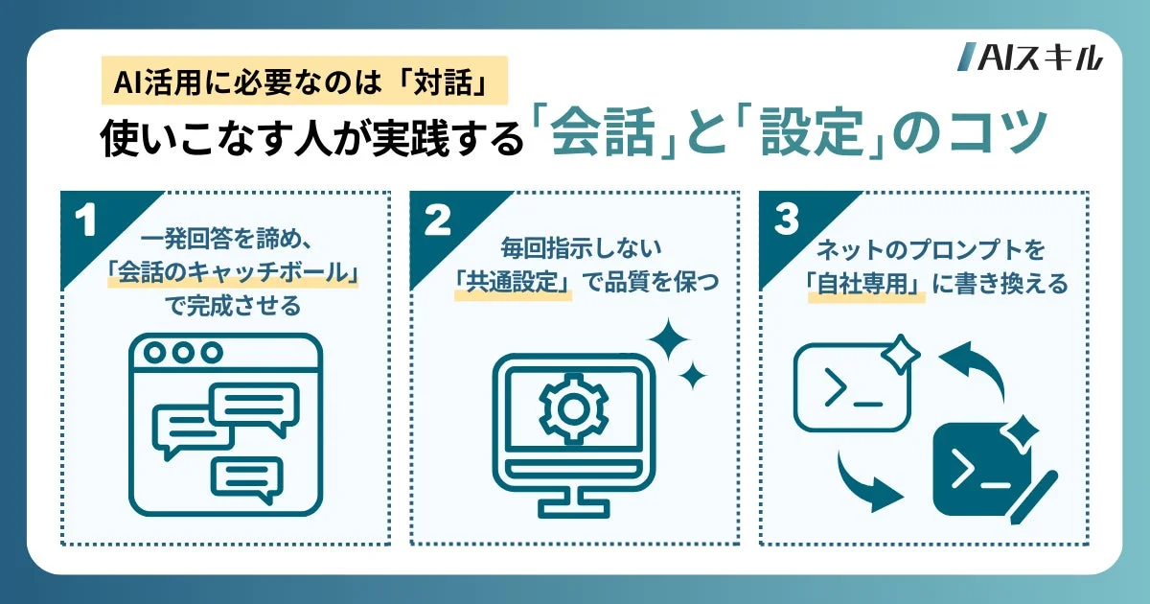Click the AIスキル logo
(x=1029, y=58)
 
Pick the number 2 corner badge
(x=437, y=221)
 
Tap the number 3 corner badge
(x=786, y=221)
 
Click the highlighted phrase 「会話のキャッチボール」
(x=233, y=277)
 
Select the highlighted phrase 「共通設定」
(x=513, y=285)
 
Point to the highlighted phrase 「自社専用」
(x=866, y=285)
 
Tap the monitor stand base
(x=572, y=507)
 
